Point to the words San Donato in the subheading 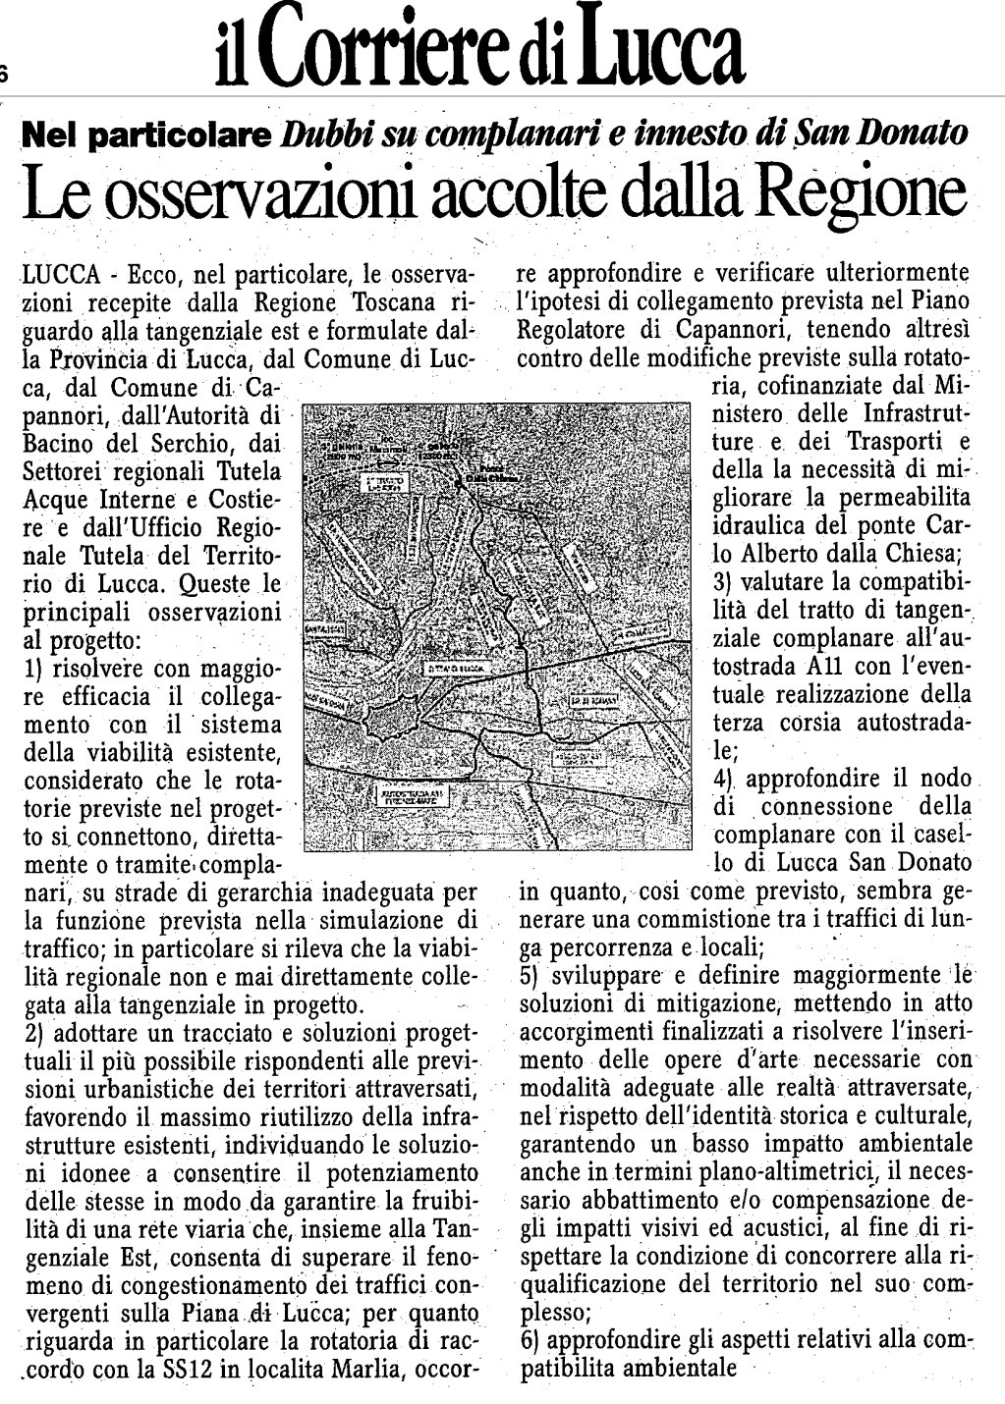(877, 133)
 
